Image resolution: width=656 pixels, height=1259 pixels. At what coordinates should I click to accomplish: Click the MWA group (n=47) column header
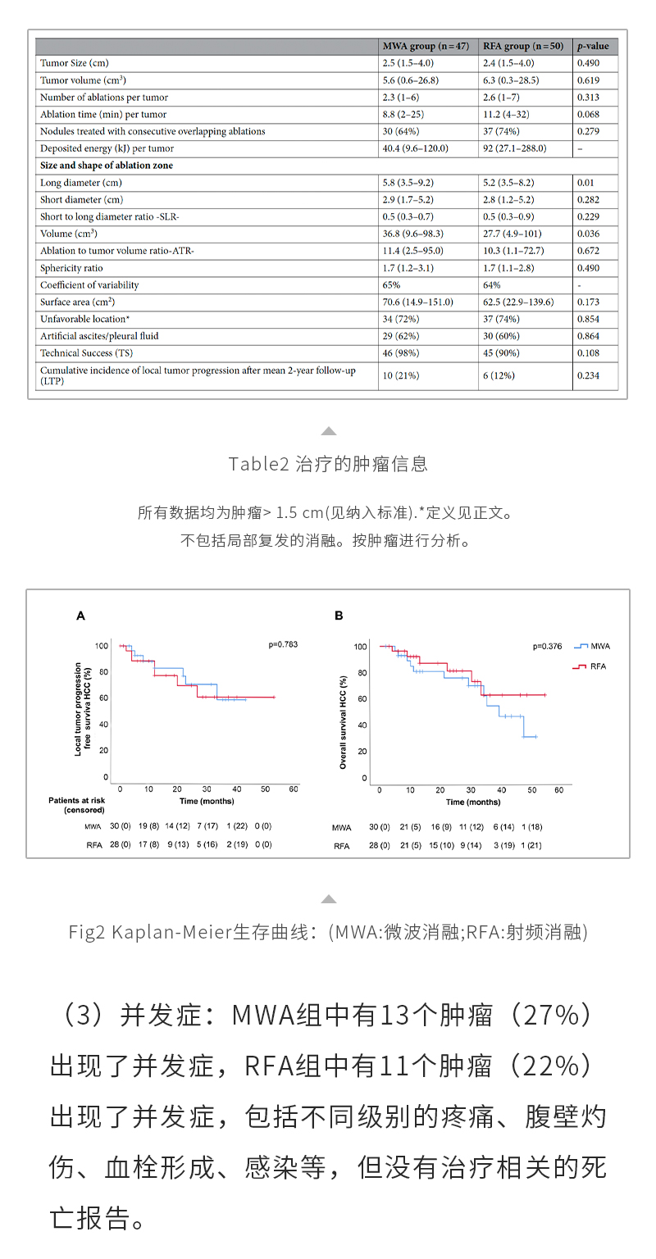[x=426, y=46]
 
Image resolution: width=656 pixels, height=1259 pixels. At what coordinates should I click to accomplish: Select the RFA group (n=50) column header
[x=522, y=46]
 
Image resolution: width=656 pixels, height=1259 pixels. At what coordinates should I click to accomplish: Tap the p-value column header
[x=593, y=46]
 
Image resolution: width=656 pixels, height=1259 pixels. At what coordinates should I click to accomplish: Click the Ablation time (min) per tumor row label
[x=103, y=114]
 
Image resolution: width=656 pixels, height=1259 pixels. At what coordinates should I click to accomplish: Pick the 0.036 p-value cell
[x=589, y=234]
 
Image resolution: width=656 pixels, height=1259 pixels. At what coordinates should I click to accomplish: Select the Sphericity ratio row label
[x=72, y=268]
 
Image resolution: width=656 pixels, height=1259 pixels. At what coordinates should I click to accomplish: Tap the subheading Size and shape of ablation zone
[x=107, y=166]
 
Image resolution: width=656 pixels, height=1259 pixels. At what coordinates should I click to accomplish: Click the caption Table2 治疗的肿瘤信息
[x=328, y=464]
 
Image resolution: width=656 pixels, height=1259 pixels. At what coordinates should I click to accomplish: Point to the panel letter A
[x=80, y=615]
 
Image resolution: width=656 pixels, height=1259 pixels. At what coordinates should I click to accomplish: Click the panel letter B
[x=339, y=615]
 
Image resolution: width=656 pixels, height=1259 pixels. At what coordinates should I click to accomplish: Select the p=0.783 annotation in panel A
[x=283, y=644]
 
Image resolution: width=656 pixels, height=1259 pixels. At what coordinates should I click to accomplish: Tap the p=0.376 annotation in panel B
[x=548, y=646]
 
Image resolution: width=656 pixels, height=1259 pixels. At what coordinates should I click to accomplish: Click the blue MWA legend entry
[x=592, y=646]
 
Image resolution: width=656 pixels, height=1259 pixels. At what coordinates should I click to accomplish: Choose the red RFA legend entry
[x=590, y=667]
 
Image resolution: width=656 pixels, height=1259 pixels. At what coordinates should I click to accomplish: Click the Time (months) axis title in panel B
[x=473, y=802]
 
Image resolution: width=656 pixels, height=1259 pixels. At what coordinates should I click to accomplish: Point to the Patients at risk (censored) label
[x=76, y=805]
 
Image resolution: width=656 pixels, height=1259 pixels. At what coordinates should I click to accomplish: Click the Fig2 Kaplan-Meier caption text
[x=328, y=932]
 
